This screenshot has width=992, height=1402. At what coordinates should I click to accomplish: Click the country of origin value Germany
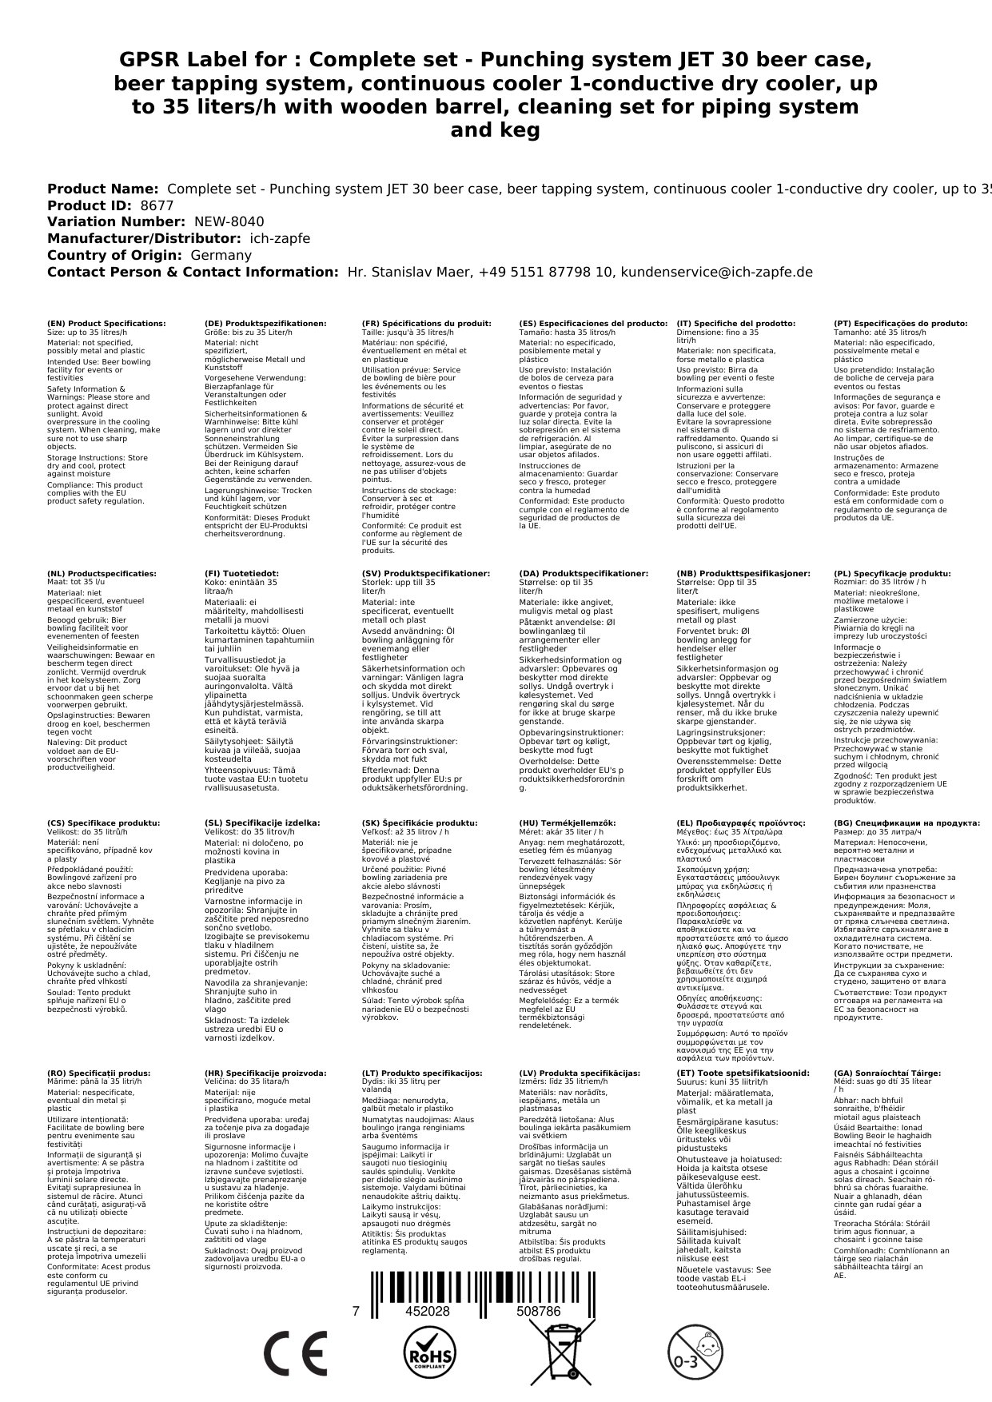pyautogui.click(x=221, y=255)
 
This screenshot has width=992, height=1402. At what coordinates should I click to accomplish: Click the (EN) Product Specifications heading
pyautogui.click(x=106, y=324)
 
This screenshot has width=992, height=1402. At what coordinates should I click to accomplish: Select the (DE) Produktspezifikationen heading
pyautogui.click(x=265, y=324)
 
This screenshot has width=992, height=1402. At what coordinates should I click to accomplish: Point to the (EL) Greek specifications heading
pyautogui.click(x=741, y=823)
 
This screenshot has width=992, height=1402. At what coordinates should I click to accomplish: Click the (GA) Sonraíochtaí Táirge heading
pyautogui.click(x=887, y=1073)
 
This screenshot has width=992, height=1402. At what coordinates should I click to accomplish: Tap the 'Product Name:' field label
pyautogui.click(x=102, y=189)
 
